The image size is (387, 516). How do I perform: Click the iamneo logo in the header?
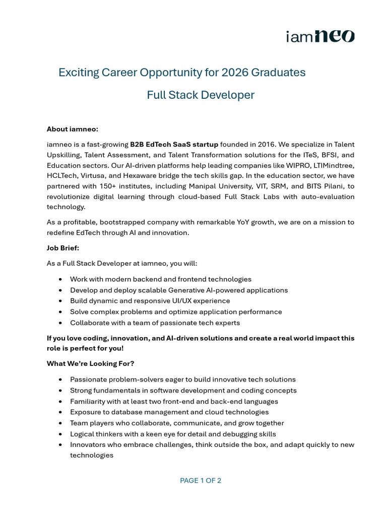tap(320, 36)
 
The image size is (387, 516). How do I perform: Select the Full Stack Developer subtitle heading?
tap(201, 95)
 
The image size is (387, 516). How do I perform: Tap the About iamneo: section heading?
tap(73, 129)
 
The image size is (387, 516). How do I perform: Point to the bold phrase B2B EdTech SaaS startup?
tap(174, 144)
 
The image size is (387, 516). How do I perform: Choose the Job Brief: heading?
tap(63, 248)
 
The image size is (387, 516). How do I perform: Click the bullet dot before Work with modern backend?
tap(61, 279)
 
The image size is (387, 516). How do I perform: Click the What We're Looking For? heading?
tap(91, 363)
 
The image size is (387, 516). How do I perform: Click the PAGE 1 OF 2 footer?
tap(201, 480)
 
